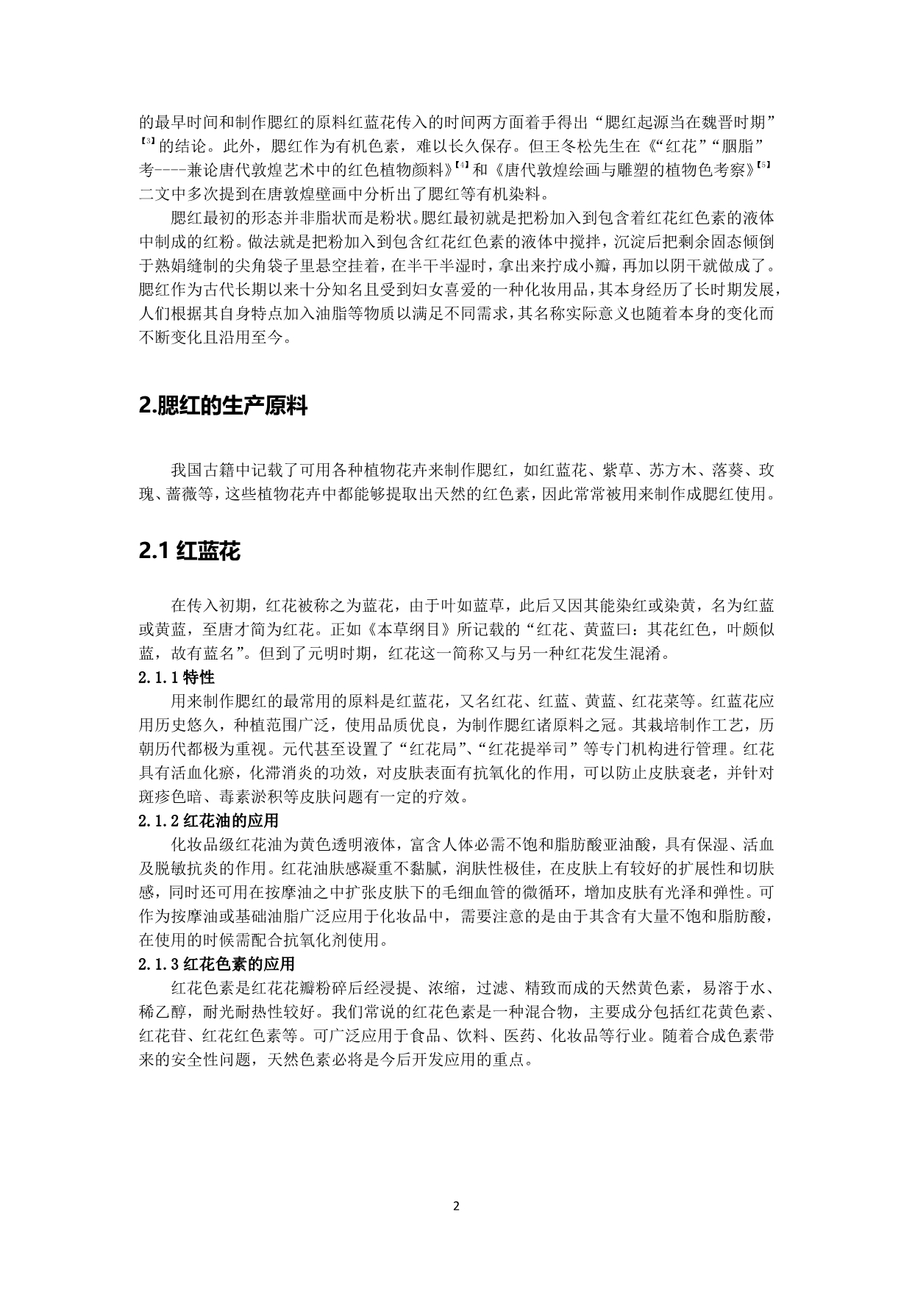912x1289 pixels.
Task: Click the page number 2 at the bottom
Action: [x=456, y=1206]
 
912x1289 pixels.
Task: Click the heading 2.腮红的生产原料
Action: [x=223, y=406]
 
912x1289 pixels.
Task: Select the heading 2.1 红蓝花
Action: [x=189, y=551]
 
